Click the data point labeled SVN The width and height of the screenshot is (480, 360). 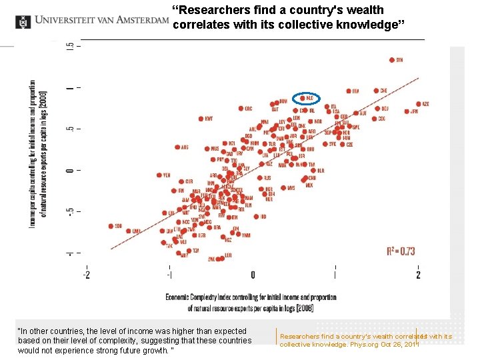[x=392, y=60]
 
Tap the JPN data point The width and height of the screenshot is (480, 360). [x=407, y=111]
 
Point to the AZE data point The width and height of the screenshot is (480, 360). [x=419, y=104]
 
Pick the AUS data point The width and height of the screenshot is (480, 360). [x=177, y=147]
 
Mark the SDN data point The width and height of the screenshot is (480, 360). [x=111, y=226]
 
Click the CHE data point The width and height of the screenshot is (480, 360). [x=375, y=91]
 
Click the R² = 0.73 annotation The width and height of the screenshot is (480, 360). [x=401, y=251]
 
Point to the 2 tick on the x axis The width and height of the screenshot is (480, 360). [x=418, y=275]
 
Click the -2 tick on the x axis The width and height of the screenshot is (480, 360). [x=87, y=275]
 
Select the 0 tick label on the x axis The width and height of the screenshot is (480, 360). [x=253, y=275]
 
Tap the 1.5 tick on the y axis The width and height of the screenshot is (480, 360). [x=70, y=47]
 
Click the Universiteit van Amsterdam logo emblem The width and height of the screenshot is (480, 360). [x=23, y=21]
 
